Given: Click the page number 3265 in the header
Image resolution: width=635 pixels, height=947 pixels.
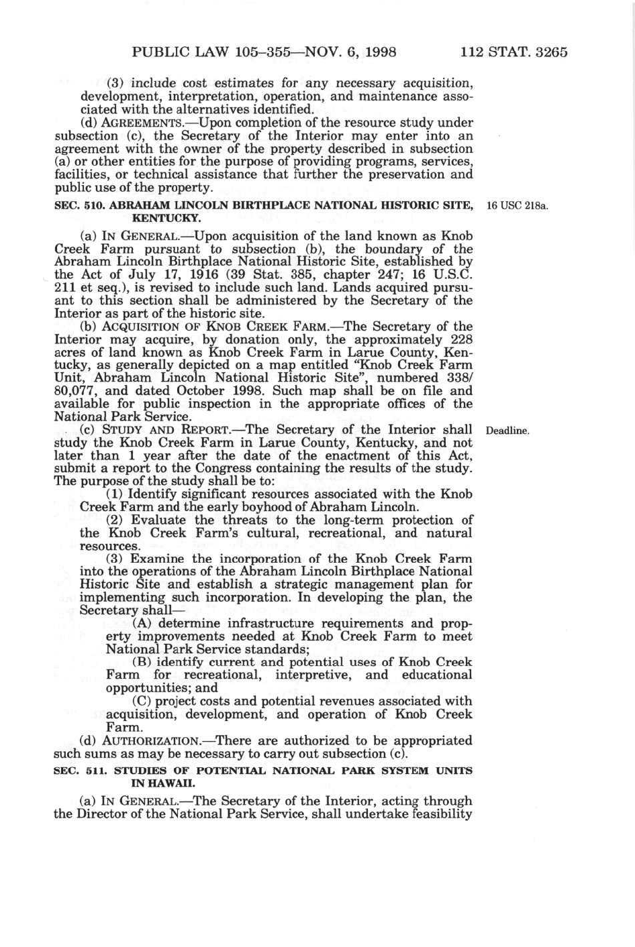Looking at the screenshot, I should coord(546,52).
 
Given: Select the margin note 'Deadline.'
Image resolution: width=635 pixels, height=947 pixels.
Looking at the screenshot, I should coord(507,431).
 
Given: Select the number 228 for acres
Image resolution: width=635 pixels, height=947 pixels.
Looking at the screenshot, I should coord(460,339).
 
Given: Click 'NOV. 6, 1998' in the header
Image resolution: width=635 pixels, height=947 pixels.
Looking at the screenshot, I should coord(353,52).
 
